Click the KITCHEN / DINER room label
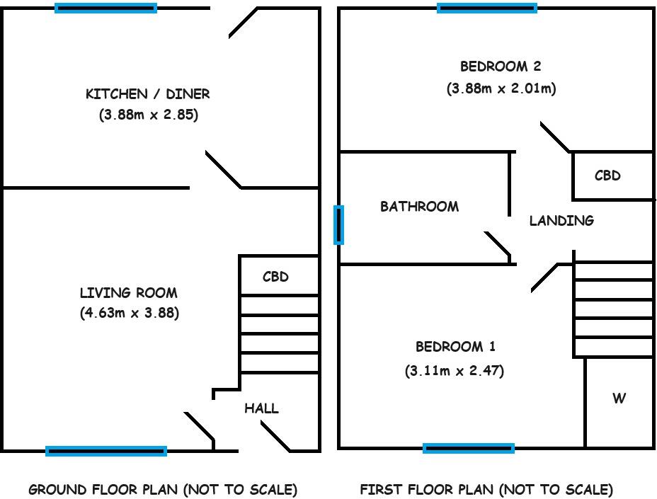148,93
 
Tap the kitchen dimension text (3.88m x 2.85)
148,115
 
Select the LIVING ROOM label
129,292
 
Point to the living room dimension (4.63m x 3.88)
129,313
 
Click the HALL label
261,408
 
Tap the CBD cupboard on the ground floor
276,277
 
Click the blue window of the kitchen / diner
106,8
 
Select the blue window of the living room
106,451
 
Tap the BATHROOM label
419,207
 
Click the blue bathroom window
339,225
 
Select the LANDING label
561,220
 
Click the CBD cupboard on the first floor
607,176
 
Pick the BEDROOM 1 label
455,347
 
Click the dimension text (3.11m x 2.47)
455,370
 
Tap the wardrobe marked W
619,398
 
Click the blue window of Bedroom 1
469,447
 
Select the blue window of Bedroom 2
487,8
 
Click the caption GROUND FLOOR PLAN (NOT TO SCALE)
163,489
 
